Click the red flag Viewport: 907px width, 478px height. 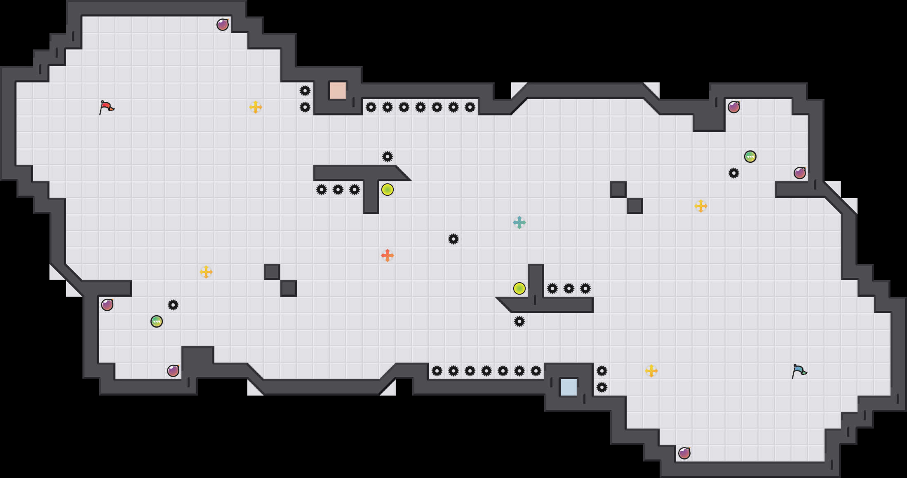pos(106,107)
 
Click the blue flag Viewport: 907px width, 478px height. pos(799,371)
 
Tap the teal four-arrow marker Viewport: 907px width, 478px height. pos(519,223)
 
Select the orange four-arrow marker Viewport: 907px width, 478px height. pos(388,255)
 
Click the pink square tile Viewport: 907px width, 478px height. pos(338,91)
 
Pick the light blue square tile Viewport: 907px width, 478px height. pos(569,387)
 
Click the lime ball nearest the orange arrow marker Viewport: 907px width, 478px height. pos(388,190)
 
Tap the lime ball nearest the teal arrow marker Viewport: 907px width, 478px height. pos(519,288)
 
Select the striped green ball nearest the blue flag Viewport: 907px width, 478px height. pos(750,157)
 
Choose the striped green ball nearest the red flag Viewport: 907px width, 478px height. pos(157,321)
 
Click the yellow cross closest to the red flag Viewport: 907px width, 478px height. pos(256,107)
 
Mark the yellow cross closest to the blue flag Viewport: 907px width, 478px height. pos(651,371)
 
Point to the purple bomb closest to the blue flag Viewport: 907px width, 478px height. pos(684,453)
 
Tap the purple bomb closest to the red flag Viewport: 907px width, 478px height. pos(223,25)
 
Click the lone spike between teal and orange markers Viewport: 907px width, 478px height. pos(453,239)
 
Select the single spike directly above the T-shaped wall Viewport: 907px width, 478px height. pos(388,157)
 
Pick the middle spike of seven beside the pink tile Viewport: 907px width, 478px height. pos(421,107)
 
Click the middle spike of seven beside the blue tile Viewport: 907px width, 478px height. pos(486,371)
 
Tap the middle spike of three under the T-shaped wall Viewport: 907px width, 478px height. pos(338,190)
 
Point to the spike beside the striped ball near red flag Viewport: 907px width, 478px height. pos(173,305)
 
